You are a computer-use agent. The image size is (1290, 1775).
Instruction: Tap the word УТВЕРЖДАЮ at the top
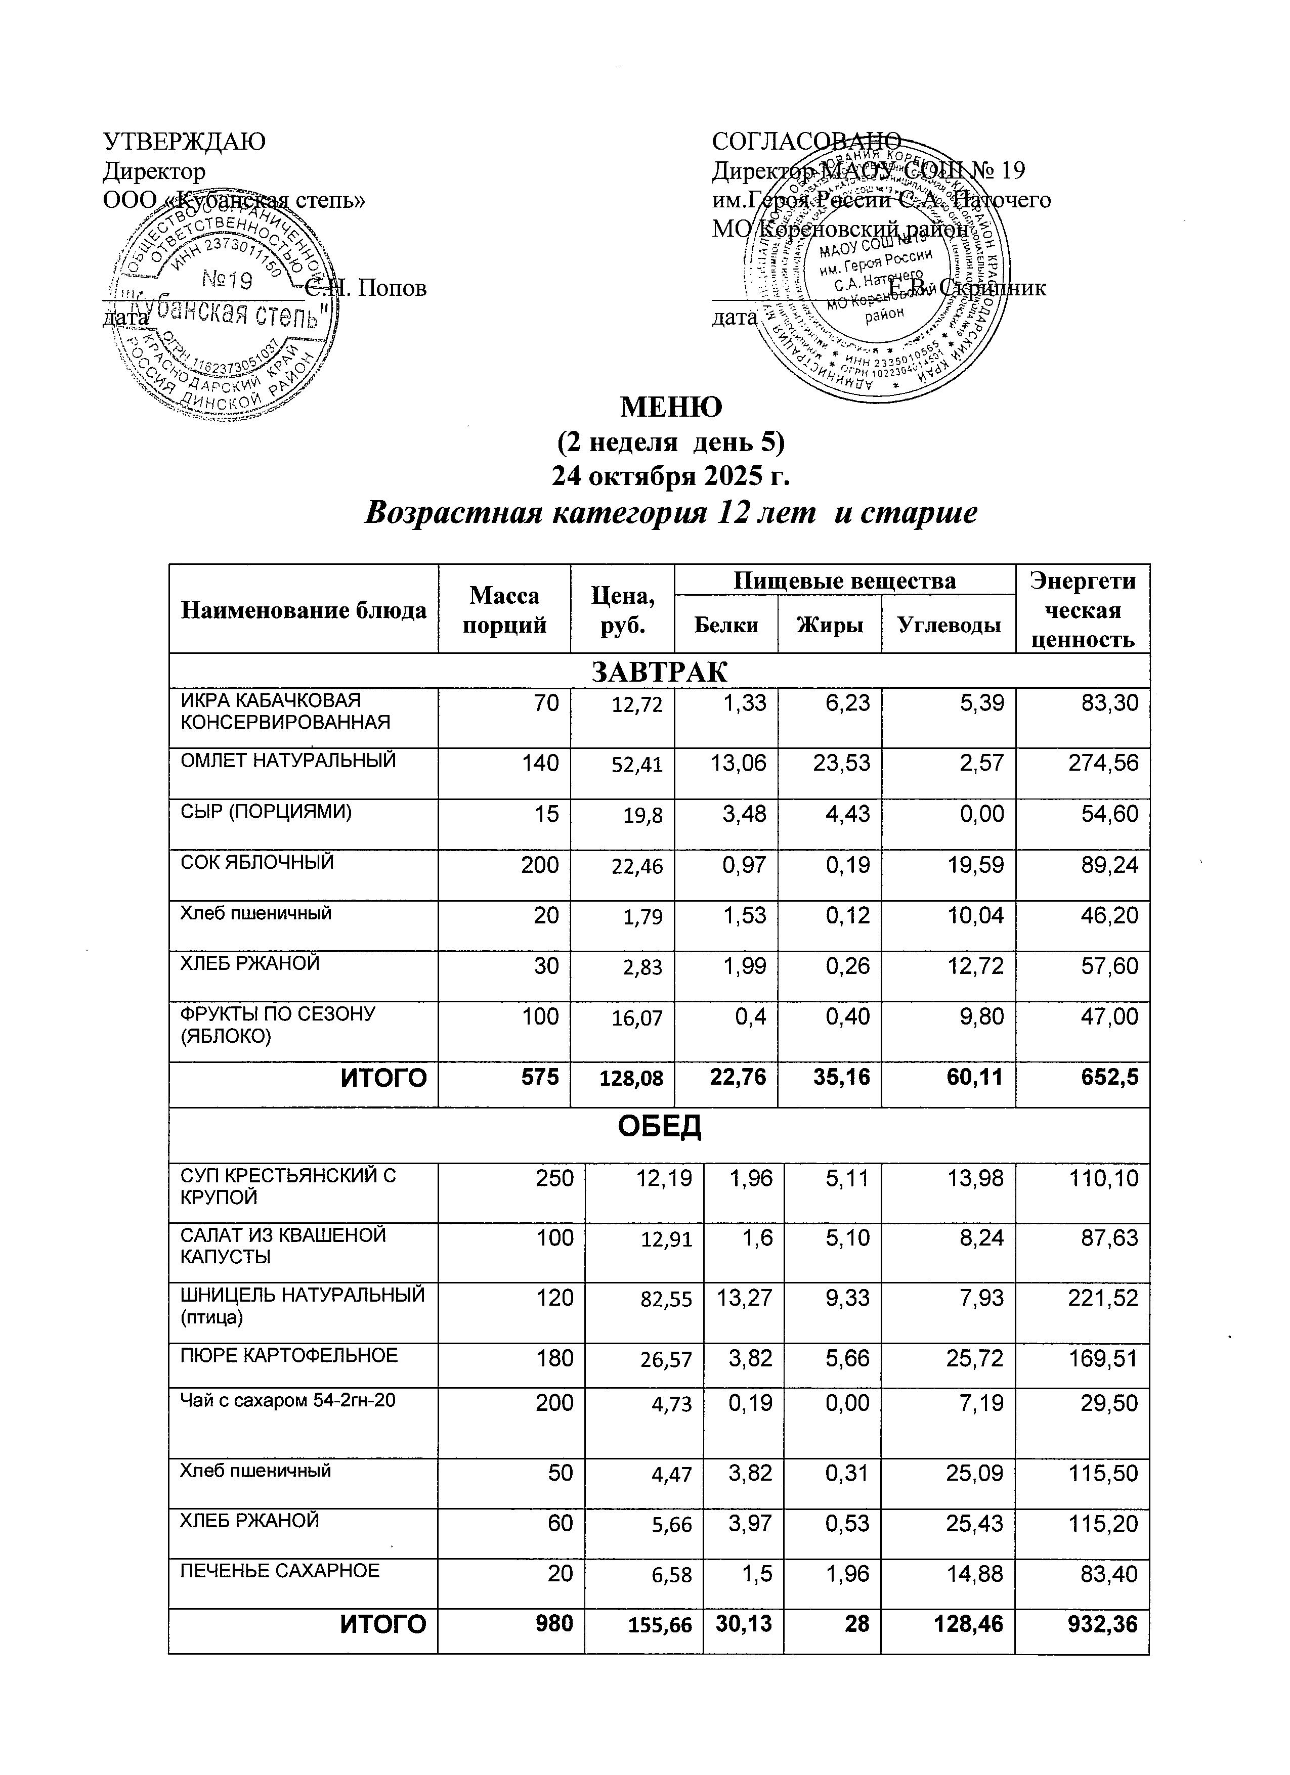point(185,142)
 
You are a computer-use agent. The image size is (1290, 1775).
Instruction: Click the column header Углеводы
point(948,625)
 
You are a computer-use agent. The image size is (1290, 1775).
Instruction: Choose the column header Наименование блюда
point(304,610)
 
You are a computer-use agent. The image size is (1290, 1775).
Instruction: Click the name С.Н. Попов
point(366,289)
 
